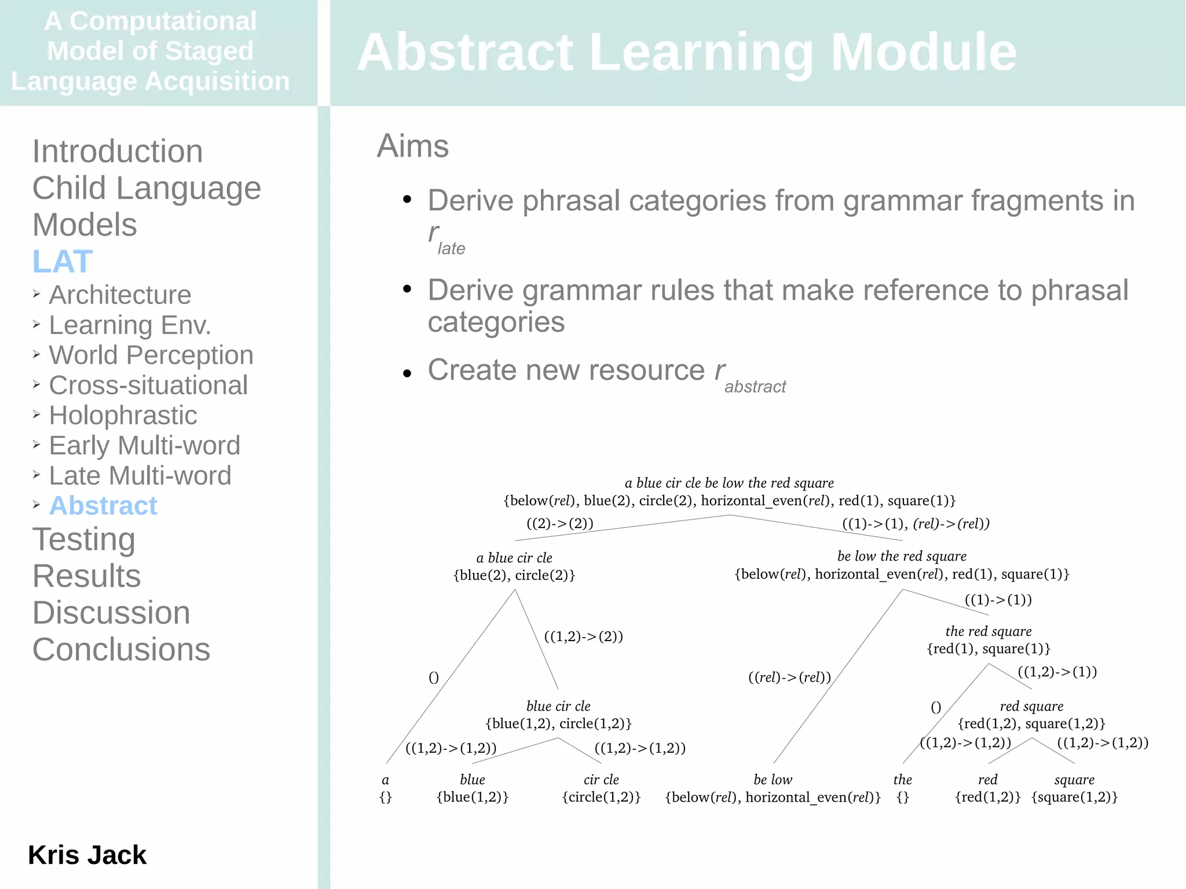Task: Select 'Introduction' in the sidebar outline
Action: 118,151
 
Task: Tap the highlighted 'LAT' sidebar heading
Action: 63,261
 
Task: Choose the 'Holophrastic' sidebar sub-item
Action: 123,415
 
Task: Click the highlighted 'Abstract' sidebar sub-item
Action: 103,506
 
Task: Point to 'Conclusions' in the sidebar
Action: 121,649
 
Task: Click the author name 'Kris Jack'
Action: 87,855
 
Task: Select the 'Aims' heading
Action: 412,146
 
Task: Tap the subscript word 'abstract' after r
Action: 755,387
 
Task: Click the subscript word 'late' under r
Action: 451,248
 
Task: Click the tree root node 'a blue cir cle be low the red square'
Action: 729,483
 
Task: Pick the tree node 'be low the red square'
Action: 902,556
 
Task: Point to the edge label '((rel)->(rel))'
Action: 789,677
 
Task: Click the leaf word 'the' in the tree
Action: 902,780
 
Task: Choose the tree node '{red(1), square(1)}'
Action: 988,649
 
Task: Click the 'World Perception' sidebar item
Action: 151,355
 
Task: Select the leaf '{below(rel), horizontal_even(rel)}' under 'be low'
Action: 773,797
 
